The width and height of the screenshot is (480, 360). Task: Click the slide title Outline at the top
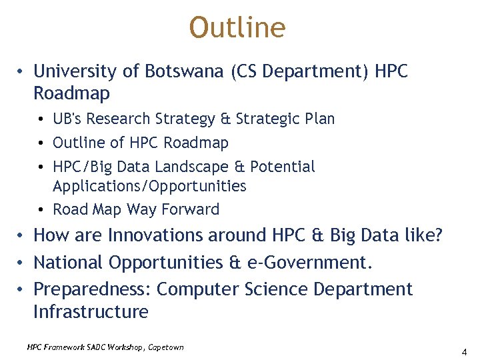click(237, 28)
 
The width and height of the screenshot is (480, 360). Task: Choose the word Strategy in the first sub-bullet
click(185, 119)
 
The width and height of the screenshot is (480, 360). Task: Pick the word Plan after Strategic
click(318, 119)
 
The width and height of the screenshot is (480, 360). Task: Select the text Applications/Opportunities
click(149, 186)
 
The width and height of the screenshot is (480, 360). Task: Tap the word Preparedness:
click(92, 289)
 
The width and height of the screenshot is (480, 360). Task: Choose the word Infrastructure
click(91, 311)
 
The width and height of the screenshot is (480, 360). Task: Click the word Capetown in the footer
click(165, 347)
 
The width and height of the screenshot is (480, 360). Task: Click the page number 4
click(463, 351)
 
